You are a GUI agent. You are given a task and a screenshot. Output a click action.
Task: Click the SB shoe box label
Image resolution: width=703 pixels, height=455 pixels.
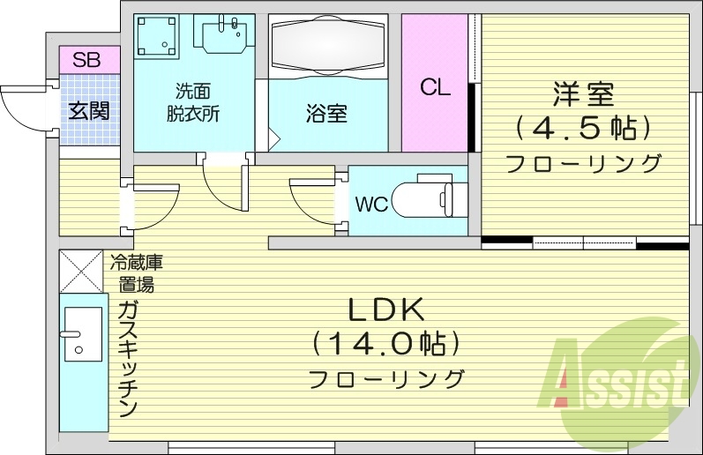pos(86,61)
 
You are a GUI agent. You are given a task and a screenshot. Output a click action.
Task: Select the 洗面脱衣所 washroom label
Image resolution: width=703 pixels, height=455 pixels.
pos(194,101)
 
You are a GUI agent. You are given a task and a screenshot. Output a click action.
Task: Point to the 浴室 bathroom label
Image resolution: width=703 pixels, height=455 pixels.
pos(326,114)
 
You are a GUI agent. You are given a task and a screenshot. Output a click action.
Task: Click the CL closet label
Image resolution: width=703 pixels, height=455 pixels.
pos(435,87)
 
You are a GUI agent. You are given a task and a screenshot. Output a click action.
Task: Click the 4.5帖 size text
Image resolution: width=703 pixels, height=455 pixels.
pos(583,129)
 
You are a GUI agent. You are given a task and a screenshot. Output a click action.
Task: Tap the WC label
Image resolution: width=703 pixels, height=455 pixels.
pos(371,205)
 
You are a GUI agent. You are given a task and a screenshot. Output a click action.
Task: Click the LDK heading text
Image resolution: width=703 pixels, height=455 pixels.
pos(386,310)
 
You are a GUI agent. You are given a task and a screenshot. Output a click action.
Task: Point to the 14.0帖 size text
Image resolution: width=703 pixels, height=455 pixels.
pos(386,344)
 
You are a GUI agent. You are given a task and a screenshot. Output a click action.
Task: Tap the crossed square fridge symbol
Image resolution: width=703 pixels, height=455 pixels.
pos(81,272)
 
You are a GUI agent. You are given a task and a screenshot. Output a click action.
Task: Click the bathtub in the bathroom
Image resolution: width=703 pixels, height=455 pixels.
pos(326,45)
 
